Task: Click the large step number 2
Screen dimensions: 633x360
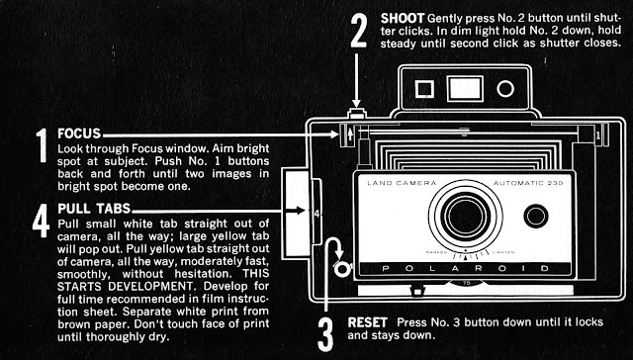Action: coord(358,31)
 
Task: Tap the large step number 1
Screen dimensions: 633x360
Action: coord(42,145)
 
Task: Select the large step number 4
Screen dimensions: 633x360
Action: coord(41,221)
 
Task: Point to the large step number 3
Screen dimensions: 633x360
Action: coord(325,334)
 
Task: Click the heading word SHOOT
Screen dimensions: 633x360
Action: coord(403,18)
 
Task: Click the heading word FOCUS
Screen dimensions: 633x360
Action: coord(79,134)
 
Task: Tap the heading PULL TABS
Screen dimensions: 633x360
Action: coord(94,209)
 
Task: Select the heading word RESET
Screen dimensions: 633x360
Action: coord(367,322)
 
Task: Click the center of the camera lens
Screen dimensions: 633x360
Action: coord(466,215)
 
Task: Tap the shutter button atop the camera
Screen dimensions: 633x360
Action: coord(357,114)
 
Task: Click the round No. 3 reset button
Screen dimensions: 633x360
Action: coord(343,268)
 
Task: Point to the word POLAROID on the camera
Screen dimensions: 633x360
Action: coord(465,268)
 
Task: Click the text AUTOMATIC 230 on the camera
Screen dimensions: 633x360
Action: coord(528,183)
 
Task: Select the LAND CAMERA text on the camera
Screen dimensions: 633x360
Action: coord(402,183)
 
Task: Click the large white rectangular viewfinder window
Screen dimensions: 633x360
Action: coord(465,88)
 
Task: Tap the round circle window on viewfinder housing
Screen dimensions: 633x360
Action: coord(505,89)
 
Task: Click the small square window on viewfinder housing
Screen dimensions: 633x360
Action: coord(424,89)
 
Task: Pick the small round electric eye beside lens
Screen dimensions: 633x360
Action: coord(536,217)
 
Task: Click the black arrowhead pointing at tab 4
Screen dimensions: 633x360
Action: coord(299,211)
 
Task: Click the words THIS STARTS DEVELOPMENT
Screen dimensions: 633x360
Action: coord(163,280)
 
